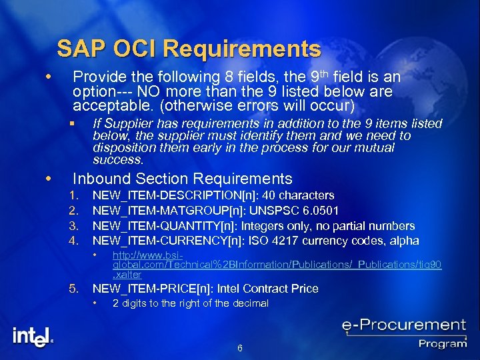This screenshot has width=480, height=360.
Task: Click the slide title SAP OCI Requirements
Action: tap(189, 49)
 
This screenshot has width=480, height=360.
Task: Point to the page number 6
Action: tap(239, 348)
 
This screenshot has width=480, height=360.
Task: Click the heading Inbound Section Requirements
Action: tap(182, 179)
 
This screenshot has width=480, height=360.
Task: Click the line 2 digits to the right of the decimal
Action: tap(190, 303)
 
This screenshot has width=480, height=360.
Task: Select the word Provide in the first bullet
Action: tap(96, 76)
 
